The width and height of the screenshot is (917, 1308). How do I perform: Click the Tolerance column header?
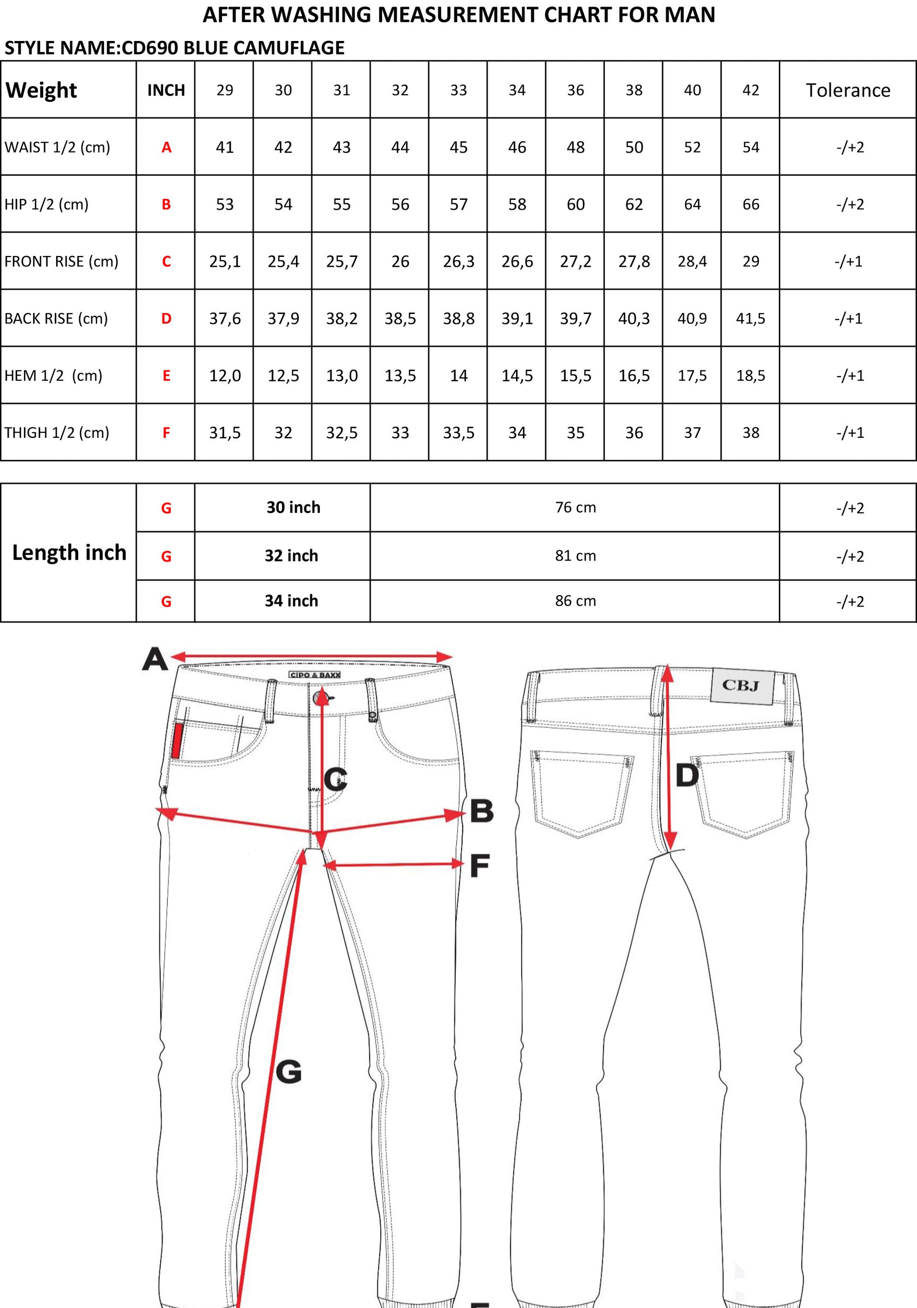click(x=848, y=90)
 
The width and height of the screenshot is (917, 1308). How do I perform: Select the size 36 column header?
click(x=575, y=90)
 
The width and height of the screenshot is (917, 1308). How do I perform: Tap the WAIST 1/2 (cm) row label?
click(x=57, y=147)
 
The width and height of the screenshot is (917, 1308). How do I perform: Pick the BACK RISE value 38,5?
click(x=400, y=319)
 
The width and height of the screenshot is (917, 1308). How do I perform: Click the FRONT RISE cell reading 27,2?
click(x=575, y=262)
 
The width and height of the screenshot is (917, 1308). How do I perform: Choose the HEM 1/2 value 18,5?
click(x=751, y=375)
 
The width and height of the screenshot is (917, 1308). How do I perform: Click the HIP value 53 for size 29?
click(x=224, y=205)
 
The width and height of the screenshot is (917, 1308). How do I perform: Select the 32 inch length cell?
click(x=291, y=555)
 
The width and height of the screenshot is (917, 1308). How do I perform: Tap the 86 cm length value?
click(x=575, y=601)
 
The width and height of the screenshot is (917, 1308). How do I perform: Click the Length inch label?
click(x=69, y=552)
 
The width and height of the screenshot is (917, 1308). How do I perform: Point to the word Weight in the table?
click(x=41, y=90)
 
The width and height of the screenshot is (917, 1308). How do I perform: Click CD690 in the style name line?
click(x=149, y=48)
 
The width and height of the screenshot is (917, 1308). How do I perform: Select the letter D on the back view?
click(x=687, y=775)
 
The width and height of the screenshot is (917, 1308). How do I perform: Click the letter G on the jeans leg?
click(x=288, y=1071)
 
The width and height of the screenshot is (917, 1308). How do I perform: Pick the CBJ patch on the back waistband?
click(x=742, y=685)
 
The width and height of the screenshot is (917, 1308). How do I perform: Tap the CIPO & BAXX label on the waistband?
click(x=314, y=675)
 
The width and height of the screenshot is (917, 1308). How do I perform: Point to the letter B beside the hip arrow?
click(x=482, y=811)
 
